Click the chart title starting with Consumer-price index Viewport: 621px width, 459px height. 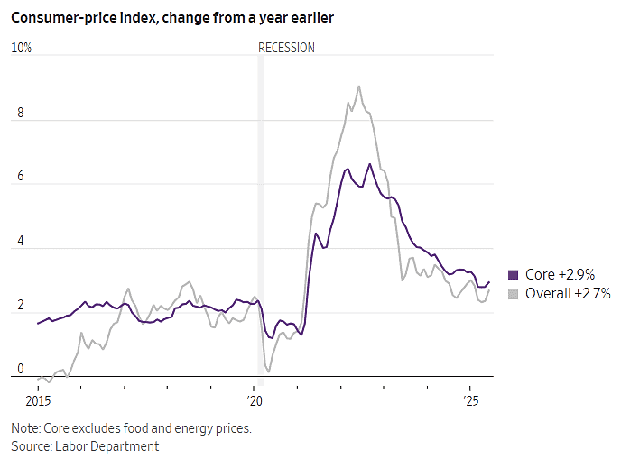(x=172, y=18)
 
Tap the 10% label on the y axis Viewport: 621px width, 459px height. (x=22, y=48)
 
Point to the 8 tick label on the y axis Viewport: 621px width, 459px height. (x=21, y=113)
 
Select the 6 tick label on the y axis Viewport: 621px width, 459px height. (x=21, y=177)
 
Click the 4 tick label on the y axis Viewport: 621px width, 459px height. (x=21, y=241)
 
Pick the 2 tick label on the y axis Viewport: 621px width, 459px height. (x=21, y=305)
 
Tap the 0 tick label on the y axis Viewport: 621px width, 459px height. (x=21, y=369)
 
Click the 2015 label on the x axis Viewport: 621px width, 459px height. (x=38, y=401)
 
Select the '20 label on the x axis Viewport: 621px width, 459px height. (x=255, y=401)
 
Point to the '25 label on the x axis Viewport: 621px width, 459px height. (x=471, y=401)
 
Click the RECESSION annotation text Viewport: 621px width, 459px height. (x=286, y=48)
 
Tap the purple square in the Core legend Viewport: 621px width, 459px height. (x=513, y=275)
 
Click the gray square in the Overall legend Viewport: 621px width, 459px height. (x=513, y=294)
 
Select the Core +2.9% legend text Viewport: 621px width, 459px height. (x=560, y=275)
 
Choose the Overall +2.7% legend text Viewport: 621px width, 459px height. (x=568, y=294)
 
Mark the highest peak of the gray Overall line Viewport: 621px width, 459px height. (x=359, y=87)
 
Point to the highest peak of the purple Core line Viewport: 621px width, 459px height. (x=370, y=164)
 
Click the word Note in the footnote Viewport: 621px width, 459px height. (x=25, y=428)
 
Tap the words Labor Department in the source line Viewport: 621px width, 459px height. (x=107, y=446)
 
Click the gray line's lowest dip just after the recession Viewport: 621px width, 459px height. (x=269, y=372)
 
